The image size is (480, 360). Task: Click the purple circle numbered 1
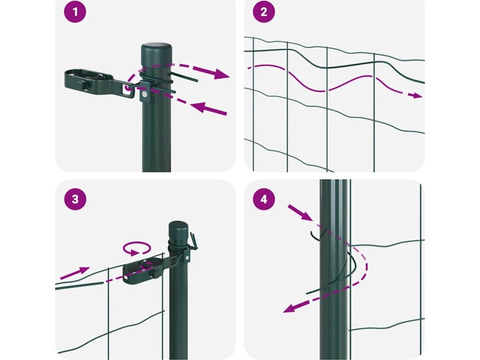(75, 13)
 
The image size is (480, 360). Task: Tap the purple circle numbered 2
(264, 13)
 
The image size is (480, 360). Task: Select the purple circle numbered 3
(75, 199)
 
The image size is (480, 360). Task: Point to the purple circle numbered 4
(264, 199)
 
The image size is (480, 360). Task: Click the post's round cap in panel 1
(157, 49)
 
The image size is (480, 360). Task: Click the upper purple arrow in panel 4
(300, 213)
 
